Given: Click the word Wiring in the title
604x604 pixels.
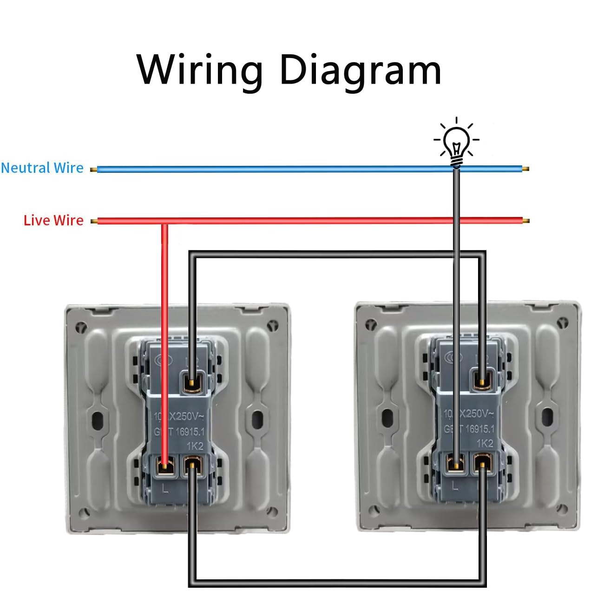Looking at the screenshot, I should click(x=200, y=70).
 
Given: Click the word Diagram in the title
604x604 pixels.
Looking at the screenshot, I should click(x=360, y=70).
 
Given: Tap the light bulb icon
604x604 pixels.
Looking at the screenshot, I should click(x=457, y=142).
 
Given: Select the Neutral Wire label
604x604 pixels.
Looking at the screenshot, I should click(x=42, y=168).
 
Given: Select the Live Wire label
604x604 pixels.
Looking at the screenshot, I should click(x=53, y=220).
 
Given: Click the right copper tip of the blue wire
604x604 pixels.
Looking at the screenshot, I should click(x=525, y=169).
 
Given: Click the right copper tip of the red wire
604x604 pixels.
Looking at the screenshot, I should click(x=525, y=221).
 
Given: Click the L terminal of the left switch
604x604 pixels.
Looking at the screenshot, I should click(x=164, y=466).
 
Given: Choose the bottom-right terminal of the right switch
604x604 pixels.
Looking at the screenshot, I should click(x=483, y=464).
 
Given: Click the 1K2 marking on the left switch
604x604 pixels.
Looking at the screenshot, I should click(x=195, y=446).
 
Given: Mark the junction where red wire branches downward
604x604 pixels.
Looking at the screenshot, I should click(x=164, y=222).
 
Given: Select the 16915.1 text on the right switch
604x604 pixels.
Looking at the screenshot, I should click(x=480, y=429).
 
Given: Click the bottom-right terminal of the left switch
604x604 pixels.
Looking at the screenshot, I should click(x=192, y=466).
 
